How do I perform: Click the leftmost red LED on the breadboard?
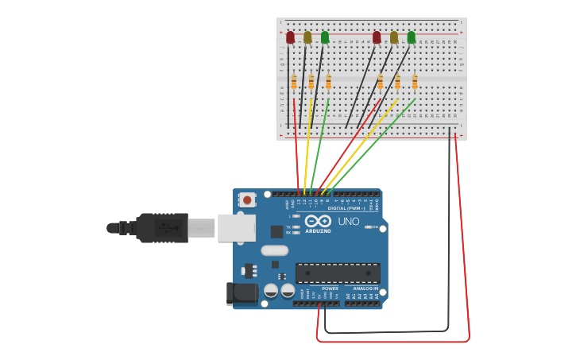[x=291, y=37]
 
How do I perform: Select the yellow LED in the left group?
[x=307, y=37]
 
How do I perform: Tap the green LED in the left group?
[x=325, y=37]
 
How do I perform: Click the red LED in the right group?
[x=377, y=37]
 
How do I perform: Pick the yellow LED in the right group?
[x=394, y=37]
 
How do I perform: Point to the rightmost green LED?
[x=412, y=37]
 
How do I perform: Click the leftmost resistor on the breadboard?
[x=294, y=82]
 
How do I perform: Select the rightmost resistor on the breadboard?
[x=415, y=82]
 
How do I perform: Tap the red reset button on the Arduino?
[x=247, y=200]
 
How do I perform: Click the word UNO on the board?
[x=349, y=222]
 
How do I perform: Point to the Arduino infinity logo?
[x=318, y=221]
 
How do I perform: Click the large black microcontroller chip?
[x=338, y=273]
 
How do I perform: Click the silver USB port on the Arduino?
[x=236, y=227]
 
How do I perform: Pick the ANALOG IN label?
[x=365, y=288]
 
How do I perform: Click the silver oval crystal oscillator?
[x=274, y=250]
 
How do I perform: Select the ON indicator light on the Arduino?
[x=369, y=227]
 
